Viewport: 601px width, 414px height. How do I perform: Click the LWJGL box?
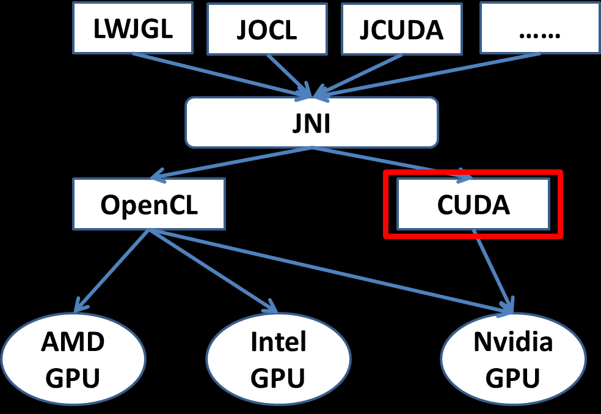tap(133, 28)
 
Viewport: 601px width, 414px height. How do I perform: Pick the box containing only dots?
tap(539, 28)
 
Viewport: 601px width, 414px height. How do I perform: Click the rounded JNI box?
tap(311, 122)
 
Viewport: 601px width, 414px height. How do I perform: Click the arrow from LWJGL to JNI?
tap(220, 74)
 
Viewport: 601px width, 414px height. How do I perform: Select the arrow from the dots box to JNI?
tap(428, 75)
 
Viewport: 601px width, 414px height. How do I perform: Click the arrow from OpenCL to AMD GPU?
tap(113, 269)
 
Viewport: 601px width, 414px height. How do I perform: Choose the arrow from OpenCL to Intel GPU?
tap(211, 269)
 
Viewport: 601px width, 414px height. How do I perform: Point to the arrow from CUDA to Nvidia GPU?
tap(492, 269)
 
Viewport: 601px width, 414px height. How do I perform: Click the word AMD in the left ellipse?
tap(73, 342)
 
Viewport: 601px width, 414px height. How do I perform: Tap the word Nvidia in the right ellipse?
tap(513, 342)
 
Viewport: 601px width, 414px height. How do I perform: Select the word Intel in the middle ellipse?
tap(278, 342)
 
